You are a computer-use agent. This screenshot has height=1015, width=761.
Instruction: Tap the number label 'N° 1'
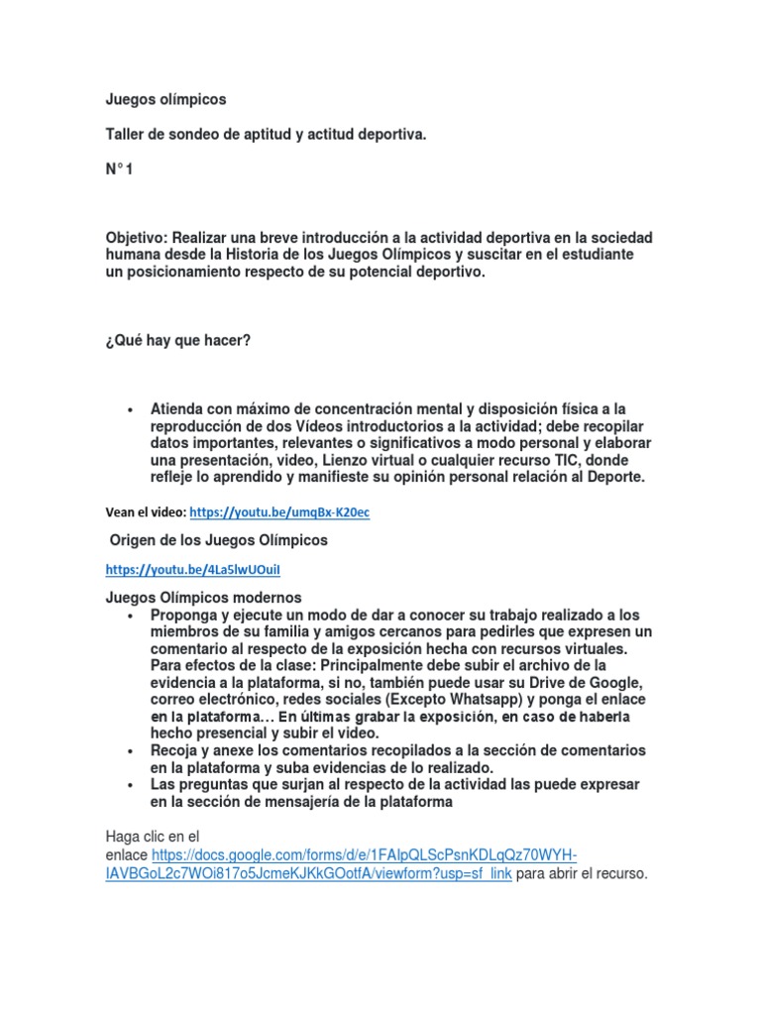[119, 170]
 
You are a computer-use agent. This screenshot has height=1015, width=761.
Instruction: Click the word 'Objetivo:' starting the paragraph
[137, 238]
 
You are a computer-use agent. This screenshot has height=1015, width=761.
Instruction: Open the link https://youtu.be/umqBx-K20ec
[278, 512]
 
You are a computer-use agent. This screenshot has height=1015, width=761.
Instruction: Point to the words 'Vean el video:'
[145, 512]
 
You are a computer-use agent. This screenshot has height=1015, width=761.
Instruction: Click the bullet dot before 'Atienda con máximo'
[131, 409]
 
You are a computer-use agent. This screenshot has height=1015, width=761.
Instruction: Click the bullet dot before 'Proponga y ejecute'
[131, 615]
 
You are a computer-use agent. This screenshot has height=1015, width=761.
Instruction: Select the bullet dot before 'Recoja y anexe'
[131, 750]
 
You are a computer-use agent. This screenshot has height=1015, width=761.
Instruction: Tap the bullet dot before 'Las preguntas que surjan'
[131, 784]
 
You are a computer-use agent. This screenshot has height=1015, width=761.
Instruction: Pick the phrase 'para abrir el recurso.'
[581, 874]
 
